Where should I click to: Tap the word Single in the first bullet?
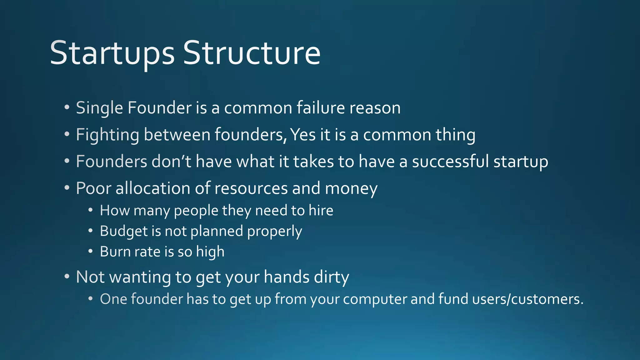pyautogui.click(x=99, y=108)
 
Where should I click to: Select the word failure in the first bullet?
pyautogui.click(x=321, y=108)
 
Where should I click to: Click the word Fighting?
pyautogui.click(x=107, y=135)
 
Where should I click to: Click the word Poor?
pyautogui.click(x=93, y=188)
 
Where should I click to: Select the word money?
pyautogui.click(x=351, y=189)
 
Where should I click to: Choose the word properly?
pyautogui.click(x=274, y=232)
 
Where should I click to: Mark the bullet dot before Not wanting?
pyautogui.click(x=67, y=277)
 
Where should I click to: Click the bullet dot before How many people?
pyautogui.click(x=90, y=210)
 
